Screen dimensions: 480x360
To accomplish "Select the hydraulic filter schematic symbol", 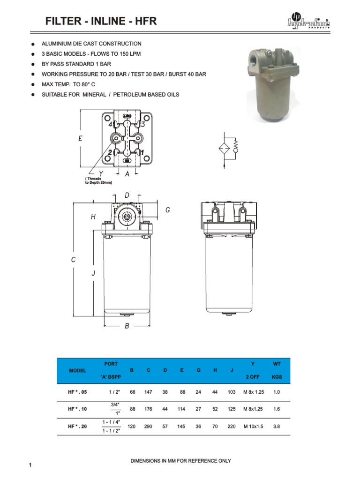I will pos(227,149).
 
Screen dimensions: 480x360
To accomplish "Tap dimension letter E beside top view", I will pos(81,139).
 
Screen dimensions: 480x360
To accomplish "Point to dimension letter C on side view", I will pos(73,260).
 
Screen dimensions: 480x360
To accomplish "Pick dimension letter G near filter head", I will pos(167,210).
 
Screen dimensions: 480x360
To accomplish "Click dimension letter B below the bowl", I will pos(127,326).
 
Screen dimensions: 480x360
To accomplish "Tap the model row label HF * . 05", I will pos(78,392).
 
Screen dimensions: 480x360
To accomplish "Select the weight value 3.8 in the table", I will pos(277,427).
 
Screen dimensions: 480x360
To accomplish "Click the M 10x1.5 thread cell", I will pos(253,427).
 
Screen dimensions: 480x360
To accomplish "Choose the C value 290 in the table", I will pos(149,427).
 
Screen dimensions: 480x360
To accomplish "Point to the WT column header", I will pos(277,364).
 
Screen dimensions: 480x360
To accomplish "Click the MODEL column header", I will pos(78,370).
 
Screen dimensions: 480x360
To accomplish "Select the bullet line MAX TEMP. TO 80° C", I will pos(71,84).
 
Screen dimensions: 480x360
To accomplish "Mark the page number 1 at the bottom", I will pos(30,465).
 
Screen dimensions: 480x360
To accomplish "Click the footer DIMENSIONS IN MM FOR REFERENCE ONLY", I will pos(180,461).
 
